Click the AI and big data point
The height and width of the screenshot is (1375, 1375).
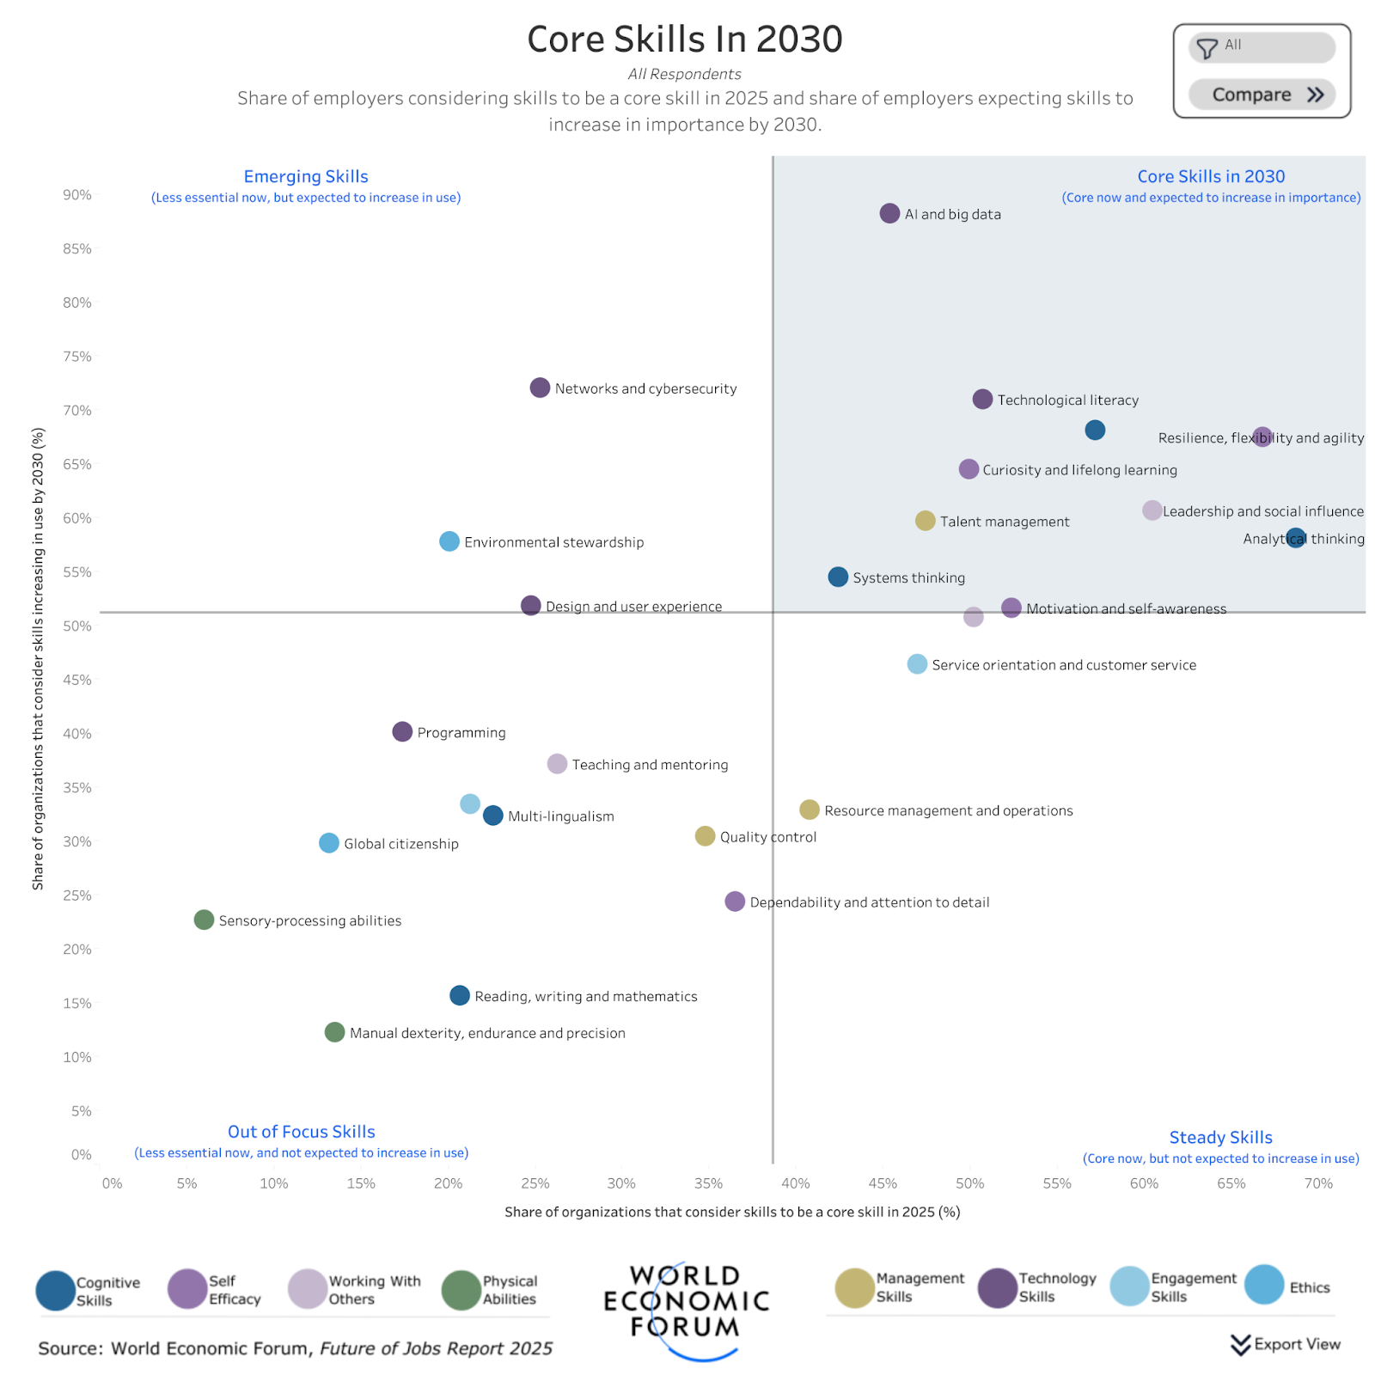pos(889,213)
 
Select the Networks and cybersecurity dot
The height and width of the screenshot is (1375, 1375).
pos(540,388)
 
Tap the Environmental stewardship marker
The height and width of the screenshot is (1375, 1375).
pos(449,541)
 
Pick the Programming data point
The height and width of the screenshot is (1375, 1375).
pos(402,731)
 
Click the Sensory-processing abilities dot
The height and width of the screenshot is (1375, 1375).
pos(204,920)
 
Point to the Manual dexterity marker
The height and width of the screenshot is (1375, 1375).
pos(335,1032)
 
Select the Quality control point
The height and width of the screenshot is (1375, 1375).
pos(705,836)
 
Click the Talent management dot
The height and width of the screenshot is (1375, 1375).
pos(925,521)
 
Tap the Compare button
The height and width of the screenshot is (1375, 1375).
pos(1262,95)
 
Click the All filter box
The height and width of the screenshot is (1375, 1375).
pos(1262,47)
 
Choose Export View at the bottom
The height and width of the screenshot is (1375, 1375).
pos(1286,1344)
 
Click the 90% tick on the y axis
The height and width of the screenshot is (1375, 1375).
pos(77,195)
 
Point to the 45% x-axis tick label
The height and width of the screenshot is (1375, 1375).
pos(883,1183)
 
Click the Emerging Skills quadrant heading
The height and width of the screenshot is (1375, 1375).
pos(306,176)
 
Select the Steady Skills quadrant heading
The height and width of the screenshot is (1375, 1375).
pos(1220,1137)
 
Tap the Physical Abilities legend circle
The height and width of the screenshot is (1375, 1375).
pos(461,1290)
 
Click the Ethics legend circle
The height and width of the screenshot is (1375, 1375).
pos(1264,1286)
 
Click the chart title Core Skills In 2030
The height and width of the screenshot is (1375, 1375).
pos(685,40)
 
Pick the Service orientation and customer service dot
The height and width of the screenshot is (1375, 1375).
pos(917,664)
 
